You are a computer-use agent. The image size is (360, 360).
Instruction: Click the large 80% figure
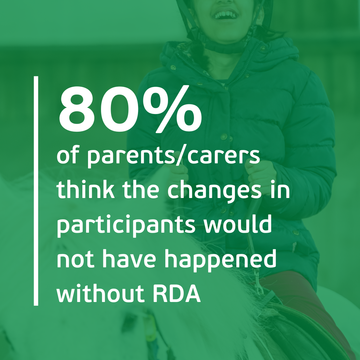(x=130, y=109)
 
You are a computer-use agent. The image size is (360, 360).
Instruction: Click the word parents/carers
(x=174, y=157)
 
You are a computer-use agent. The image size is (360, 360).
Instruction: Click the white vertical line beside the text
(x=36, y=191)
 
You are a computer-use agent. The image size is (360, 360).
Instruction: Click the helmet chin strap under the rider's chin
(x=226, y=47)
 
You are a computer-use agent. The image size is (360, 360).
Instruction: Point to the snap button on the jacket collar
(x=173, y=67)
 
